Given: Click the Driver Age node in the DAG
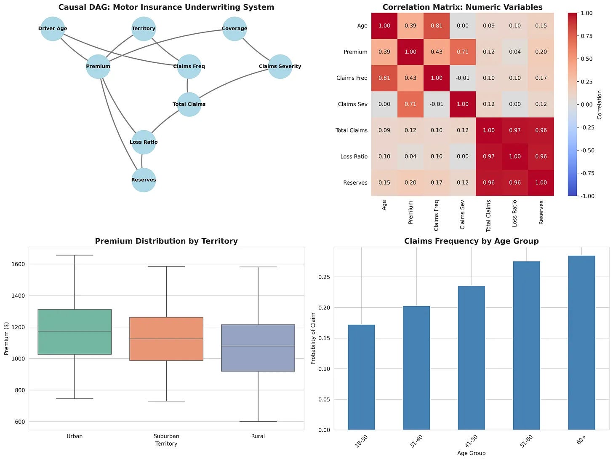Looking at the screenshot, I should (53, 29).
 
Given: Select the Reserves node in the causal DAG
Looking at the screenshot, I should (144, 180).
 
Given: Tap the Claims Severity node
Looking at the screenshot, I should (280, 67).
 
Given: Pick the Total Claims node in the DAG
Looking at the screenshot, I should (189, 104).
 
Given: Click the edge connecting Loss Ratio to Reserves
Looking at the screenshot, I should (142, 161).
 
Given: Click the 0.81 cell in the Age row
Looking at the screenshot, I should (437, 26).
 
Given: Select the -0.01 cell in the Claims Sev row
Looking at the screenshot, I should (437, 104).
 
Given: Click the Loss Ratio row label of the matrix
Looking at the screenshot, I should (354, 156).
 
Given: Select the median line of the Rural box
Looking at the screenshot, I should (258, 346).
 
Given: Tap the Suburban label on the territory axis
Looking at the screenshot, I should (166, 436).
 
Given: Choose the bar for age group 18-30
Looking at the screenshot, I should (361, 377).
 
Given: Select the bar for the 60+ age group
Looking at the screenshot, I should (581, 343).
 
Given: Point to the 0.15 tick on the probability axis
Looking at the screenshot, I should (324, 339).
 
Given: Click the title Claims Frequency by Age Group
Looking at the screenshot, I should (471, 241).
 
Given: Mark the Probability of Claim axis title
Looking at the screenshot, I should (313, 339).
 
